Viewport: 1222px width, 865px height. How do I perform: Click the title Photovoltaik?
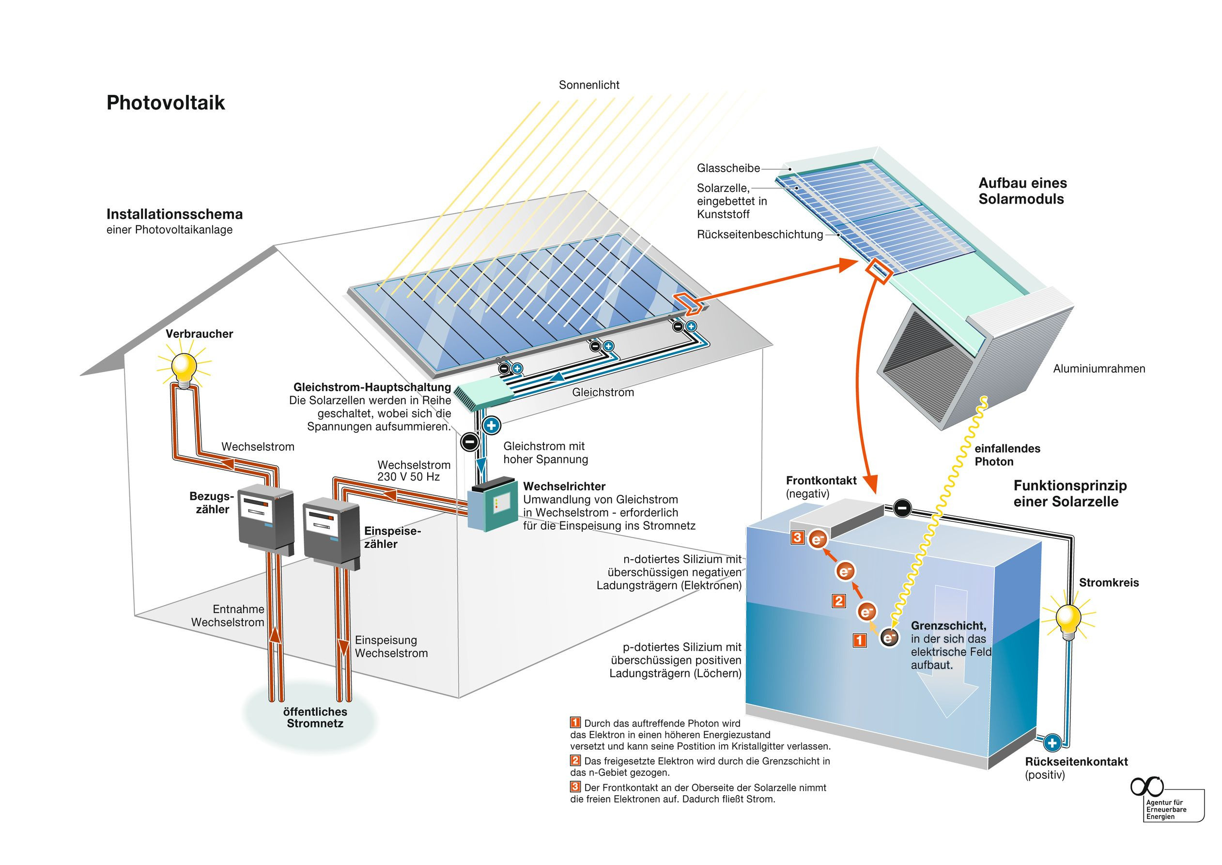[x=166, y=103]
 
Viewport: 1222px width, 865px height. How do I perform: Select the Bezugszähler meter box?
[x=264, y=519]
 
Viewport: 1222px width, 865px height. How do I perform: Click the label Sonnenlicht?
[x=588, y=85]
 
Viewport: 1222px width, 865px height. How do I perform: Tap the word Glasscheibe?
[x=728, y=168]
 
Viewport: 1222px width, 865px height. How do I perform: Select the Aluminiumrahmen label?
[x=1098, y=369]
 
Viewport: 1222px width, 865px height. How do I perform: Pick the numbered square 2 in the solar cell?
[x=839, y=601]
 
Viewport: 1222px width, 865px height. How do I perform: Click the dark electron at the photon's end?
[x=889, y=637]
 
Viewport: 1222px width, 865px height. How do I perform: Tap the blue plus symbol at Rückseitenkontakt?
[x=1052, y=742]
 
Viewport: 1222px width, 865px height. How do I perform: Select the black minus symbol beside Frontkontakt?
[x=901, y=508]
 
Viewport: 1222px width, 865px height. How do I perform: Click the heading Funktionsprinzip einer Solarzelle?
[x=1070, y=493]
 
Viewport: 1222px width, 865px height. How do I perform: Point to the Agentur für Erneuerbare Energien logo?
[x=1166, y=802]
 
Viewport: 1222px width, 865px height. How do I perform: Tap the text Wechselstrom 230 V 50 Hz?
[x=414, y=471]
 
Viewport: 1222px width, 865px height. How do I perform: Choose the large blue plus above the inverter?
[x=491, y=425]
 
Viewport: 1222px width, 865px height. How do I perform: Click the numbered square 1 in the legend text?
[x=575, y=723]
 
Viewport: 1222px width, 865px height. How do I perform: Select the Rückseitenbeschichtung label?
[x=759, y=235]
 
